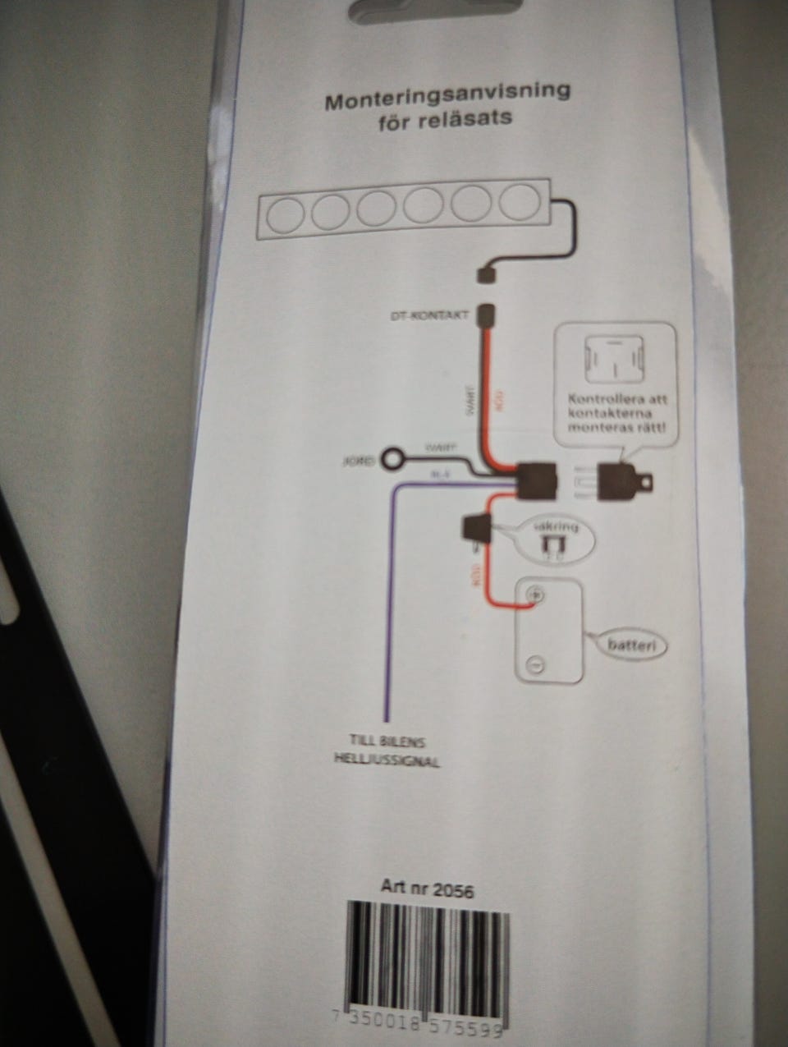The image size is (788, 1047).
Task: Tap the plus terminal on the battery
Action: tap(534, 594)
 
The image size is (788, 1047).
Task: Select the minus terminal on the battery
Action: tap(534, 664)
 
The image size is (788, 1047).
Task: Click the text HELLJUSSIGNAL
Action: tap(387, 760)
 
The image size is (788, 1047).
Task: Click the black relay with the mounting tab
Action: tap(625, 481)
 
